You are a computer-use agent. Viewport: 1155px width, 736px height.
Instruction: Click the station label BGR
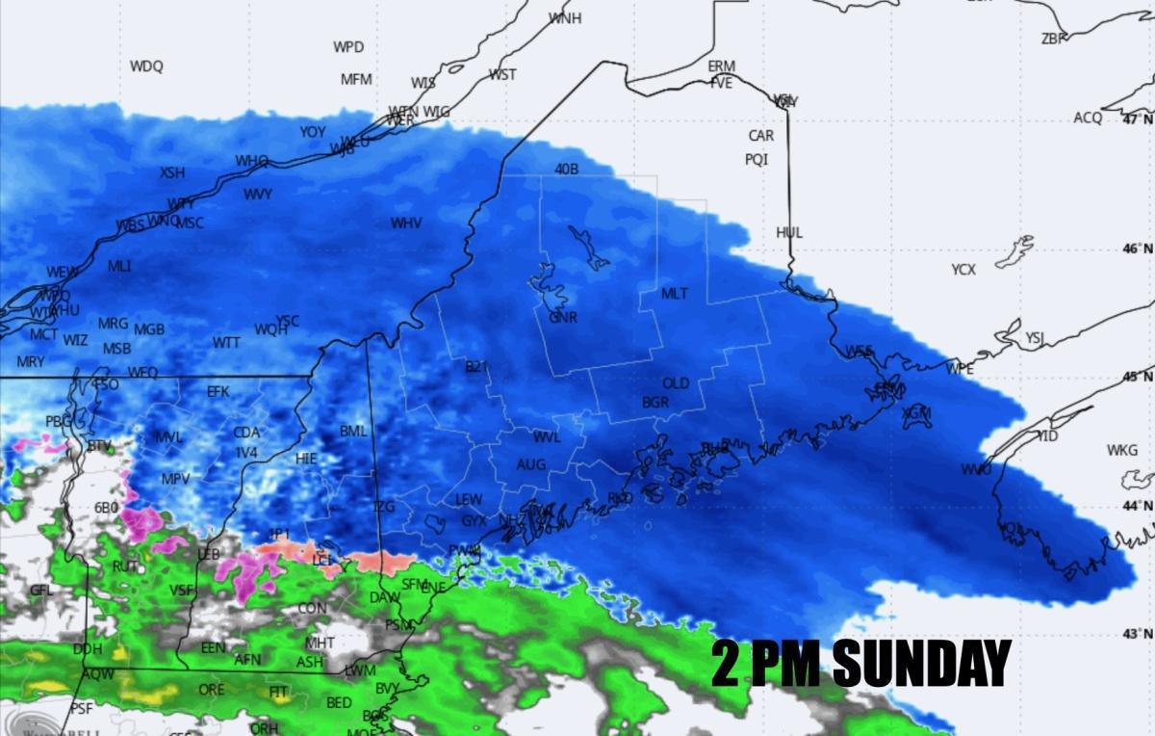654,403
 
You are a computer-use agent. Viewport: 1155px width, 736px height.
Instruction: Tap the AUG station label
530,464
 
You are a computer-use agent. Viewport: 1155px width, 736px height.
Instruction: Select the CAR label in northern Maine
760,136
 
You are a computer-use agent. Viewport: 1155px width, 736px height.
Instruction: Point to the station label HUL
788,232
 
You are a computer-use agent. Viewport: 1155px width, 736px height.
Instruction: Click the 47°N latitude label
1137,118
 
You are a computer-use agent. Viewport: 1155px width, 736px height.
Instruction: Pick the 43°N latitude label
1137,634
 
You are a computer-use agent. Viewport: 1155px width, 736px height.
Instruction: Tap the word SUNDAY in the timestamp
921,663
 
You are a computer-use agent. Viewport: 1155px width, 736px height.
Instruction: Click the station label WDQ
146,66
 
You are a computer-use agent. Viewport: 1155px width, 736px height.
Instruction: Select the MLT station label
674,293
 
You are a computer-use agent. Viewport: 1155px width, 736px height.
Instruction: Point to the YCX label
962,270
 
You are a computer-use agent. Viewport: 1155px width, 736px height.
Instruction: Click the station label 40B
566,170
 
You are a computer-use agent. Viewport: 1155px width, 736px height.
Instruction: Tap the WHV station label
405,223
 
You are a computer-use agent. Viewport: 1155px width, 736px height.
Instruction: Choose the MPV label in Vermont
175,479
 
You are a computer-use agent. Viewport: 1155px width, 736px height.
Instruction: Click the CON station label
311,608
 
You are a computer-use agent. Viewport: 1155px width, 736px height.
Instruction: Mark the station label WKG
1121,450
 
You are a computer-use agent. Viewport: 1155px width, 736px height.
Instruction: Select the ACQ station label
1088,118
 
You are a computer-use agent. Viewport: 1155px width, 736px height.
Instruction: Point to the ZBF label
1054,39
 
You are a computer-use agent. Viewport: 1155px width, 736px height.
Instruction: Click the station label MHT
320,643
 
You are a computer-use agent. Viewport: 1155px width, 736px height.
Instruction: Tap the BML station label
353,431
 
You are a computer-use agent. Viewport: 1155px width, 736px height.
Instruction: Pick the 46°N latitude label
1137,249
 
